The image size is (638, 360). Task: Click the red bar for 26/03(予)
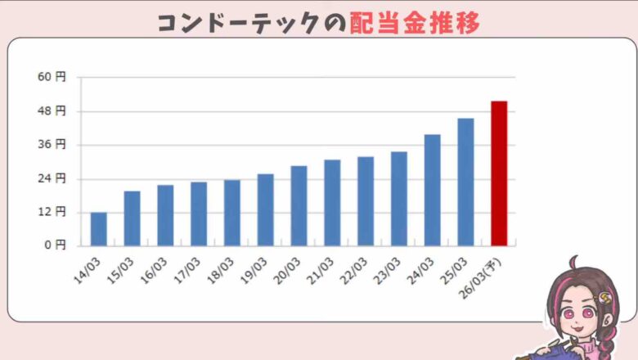coord(499,173)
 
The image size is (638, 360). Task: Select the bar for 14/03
coord(98,229)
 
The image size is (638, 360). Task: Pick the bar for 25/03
coord(465,182)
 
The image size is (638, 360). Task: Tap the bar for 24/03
coord(432,190)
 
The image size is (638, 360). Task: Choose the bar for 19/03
coord(265,209)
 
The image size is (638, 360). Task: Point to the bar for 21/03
coord(332,202)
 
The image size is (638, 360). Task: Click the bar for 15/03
coord(132,218)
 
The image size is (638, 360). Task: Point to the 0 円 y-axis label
coord(55,245)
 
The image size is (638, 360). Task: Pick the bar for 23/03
coord(398,198)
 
